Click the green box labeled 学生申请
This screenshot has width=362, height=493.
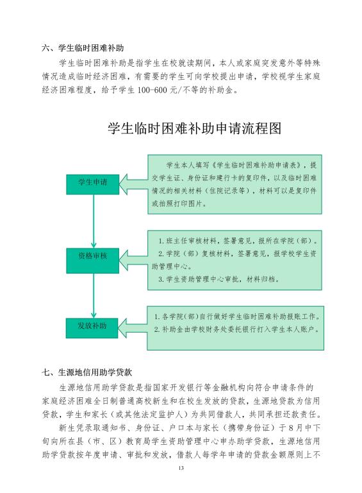pos(92,184)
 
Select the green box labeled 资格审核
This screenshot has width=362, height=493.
pos(92,261)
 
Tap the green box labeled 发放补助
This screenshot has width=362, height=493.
pos(92,328)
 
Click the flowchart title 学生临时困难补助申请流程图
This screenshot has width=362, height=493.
pos(194,128)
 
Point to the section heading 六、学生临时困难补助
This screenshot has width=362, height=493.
pos(83,48)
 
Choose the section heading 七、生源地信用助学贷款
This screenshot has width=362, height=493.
pos(87,372)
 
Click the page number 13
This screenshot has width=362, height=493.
pos(181,468)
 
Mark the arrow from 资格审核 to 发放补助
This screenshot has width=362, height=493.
pos(94,295)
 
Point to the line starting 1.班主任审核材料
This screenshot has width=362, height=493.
pos(238,241)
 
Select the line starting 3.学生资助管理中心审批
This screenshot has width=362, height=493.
pos(218,279)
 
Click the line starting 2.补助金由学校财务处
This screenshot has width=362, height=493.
pos(237,329)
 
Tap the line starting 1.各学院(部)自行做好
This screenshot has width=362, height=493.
pos(237,316)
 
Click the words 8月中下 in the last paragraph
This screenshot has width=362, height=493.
pos(300,428)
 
